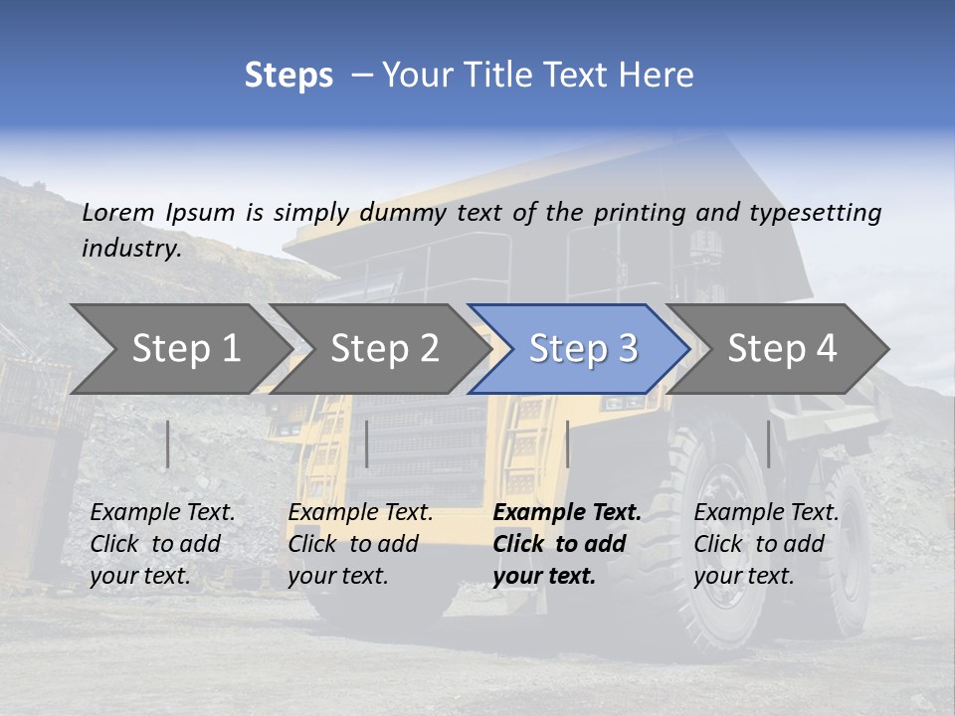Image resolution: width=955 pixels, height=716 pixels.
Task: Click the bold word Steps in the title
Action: [x=288, y=76]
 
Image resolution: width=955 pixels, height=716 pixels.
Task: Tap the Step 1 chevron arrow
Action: [x=185, y=349]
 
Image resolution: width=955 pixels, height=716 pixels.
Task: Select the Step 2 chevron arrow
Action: [x=384, y=349]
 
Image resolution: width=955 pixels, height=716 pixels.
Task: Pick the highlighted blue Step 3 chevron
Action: [x=582, y=349]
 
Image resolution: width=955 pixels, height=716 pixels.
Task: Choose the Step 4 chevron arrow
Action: [x=781, y=349]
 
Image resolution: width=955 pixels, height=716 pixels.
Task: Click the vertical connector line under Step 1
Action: [x=168, y=444]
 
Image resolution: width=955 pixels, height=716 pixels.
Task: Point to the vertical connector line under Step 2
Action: [x=367, y=444]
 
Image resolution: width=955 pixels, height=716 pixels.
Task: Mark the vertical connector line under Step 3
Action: [x=567, y=444]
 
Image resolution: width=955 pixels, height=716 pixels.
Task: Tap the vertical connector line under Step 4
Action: [x=768, y=444]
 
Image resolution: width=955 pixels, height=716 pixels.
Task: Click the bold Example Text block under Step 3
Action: [x=567, y=544]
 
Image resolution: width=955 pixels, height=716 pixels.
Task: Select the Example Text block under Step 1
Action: [x=162, y=544]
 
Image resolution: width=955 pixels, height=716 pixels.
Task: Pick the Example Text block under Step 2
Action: [x=360, y=544]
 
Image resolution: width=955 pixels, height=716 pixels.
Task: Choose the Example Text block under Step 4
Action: [x=766, y=544]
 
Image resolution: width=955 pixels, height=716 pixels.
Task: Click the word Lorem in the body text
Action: [x=118, y=212]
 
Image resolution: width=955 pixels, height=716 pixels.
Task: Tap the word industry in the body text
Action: [x=129, y=249]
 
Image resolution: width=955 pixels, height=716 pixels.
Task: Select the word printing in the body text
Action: [x=639, y=213]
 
